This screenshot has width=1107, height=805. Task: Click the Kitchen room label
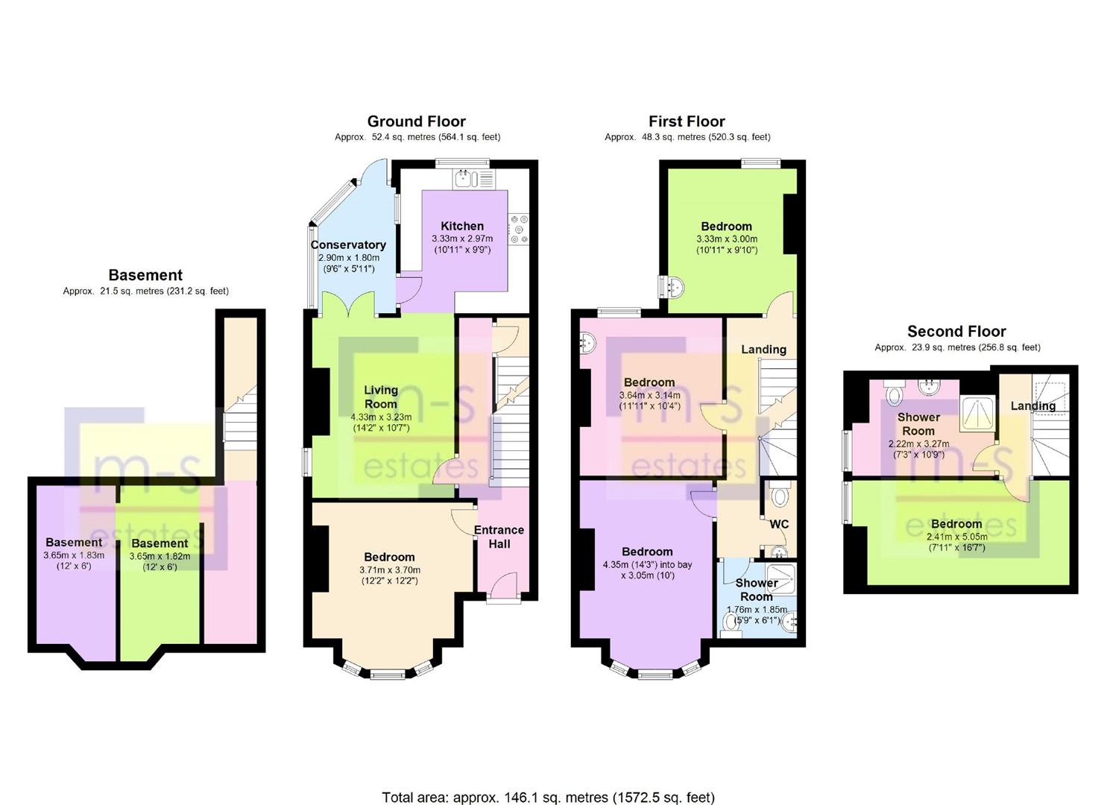[x=461, y=227]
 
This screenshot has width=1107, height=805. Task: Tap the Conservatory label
[x=348, y=245]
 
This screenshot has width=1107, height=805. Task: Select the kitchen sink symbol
[x=465, y=179]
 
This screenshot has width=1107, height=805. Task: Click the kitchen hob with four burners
[x=519, y=230]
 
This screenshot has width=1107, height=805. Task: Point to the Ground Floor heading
[x=416, y=121]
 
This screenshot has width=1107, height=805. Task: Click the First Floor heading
[x=687, y=121]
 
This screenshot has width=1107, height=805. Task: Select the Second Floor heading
[x=956, y=332]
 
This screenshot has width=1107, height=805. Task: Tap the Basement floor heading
[x=145, y=275]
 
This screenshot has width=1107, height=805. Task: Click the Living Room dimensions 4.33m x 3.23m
[x=380, y=417]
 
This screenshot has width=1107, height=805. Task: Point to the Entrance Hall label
[x=499, y=537]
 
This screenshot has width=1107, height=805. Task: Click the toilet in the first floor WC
[x=779, y=494]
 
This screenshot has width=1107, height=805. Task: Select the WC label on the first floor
[x=779, y=524]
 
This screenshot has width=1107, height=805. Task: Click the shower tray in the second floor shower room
[x=977, y=413]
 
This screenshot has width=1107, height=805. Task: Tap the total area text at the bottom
[x=548, y=783]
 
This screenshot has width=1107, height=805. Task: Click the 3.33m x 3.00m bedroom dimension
[x=727, y=239]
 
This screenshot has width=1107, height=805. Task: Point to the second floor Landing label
[x=1033, y=406]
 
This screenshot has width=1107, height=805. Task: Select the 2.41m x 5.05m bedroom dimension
[x=956, y=537]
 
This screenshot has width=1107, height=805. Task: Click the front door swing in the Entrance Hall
[x=503, y=584]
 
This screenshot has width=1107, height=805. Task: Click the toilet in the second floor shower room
[x=895, y=394]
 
